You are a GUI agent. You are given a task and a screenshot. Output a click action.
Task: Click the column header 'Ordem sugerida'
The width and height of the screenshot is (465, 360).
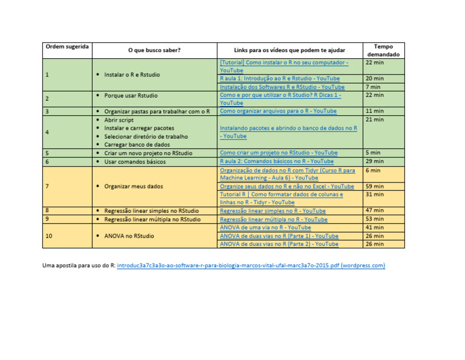pos(67,47)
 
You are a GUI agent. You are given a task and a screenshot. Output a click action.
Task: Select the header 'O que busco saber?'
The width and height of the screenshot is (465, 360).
pos(154,51)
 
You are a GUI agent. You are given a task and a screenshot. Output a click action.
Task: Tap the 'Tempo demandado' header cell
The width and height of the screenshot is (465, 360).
pos(383,50)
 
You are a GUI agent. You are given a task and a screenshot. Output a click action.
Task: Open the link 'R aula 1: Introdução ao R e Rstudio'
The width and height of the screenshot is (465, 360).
pos(280,79)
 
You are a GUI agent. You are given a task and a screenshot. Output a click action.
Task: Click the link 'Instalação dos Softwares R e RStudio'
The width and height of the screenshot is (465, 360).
pos(282,87)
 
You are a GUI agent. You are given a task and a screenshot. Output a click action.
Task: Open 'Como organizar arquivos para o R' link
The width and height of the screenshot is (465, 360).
pos(278,112)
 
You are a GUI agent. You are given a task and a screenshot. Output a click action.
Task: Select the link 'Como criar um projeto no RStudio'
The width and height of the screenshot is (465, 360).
pos(279,153)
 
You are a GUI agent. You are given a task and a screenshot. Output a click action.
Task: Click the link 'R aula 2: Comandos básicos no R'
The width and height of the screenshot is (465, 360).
pos(276,162)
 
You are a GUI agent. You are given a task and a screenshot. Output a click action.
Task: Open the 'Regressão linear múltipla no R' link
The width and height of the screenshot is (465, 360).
pos(273,219)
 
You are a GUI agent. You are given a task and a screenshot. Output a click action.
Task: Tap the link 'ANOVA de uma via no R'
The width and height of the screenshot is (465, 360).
pos(265,228)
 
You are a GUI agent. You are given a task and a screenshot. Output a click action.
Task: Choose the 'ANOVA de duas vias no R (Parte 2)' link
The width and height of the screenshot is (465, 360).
pos(279,244)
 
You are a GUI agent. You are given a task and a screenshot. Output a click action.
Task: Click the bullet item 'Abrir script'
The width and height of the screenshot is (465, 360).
pos(119,120)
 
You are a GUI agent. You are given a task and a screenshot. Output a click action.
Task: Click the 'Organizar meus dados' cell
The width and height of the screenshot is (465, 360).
pos(134,187)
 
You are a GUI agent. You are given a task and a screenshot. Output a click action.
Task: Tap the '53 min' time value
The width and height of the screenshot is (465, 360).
pos(375,219)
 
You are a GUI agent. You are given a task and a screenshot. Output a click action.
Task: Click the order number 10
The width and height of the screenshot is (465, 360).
pos(48,236)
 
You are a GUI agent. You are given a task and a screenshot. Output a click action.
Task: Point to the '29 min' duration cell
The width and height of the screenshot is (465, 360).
pos(375,162)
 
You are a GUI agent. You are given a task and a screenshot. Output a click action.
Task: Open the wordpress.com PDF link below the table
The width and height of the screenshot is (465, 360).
pos(251,265)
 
